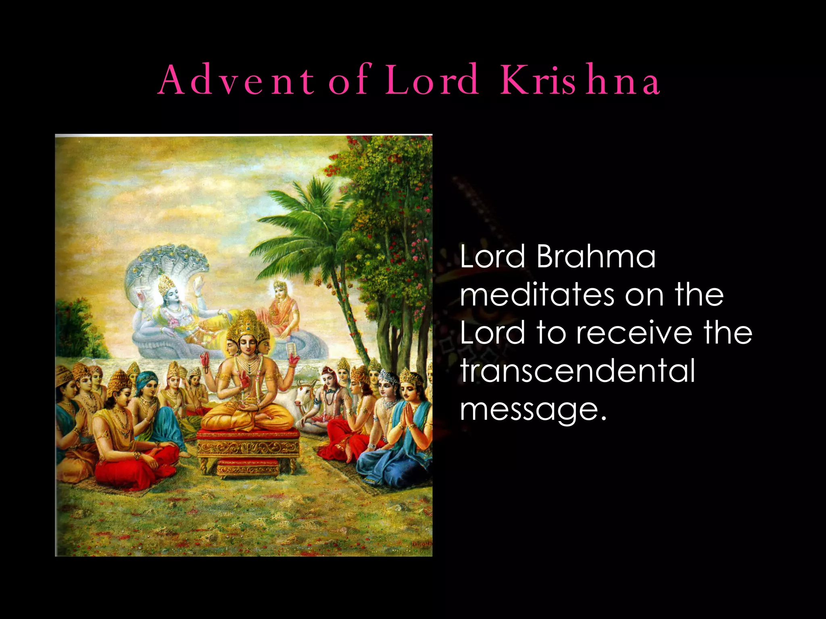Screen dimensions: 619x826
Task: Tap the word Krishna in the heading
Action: pyautogui.click(x=580, y=80)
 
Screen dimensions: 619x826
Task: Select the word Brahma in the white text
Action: pyautogui.click(x=596, y=257)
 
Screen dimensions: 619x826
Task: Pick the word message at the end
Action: pyautogui.click(x=532, y=409)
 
